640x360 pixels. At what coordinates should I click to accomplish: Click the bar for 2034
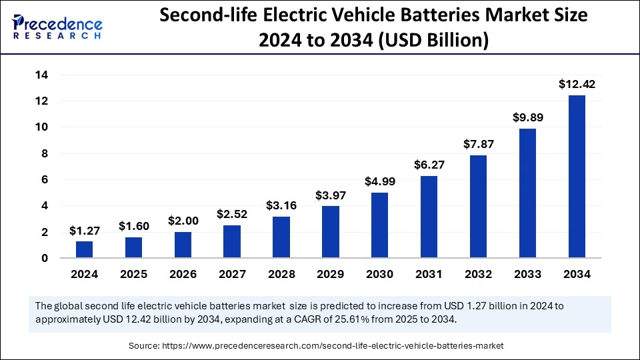coord(577,177)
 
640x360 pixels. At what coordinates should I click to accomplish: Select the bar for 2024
coord(85,249)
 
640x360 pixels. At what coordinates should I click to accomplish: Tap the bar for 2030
coord(380,225)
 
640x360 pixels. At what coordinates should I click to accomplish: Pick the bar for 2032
coord(478,207)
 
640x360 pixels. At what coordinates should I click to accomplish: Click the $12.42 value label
coord(577,85)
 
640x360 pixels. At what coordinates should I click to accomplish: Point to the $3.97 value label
coord(331,196)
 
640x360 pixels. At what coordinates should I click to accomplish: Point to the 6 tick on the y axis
coord(45,179)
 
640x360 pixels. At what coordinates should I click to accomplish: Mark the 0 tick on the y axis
coord(45,258)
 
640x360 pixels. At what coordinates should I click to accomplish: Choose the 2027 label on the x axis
coord(232,274)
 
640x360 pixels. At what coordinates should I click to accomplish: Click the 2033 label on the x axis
coord(527,274)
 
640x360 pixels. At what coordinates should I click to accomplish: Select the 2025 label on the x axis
coord(134,274)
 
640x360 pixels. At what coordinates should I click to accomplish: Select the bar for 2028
coord(281,237)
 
